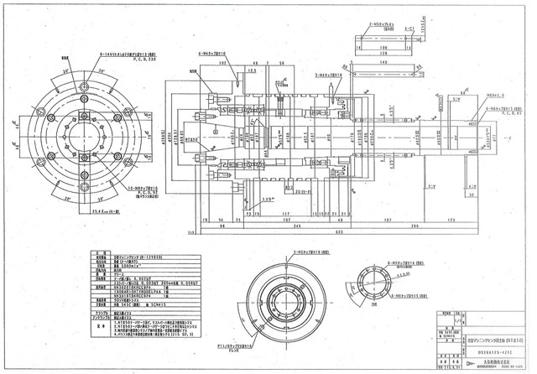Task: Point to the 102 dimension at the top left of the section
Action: pyautogui.click(x=222, y=62)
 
